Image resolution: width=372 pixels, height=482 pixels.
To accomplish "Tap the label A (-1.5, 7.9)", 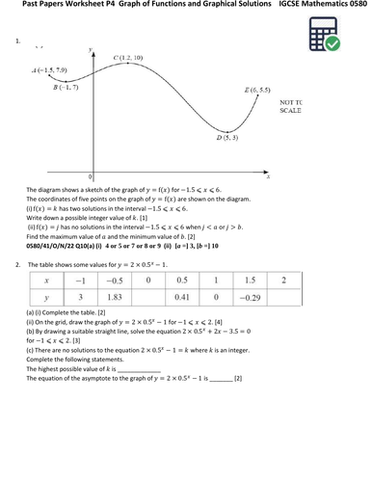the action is (x=49, y=70).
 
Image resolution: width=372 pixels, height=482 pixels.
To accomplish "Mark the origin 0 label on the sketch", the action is (x=90, y=177).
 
